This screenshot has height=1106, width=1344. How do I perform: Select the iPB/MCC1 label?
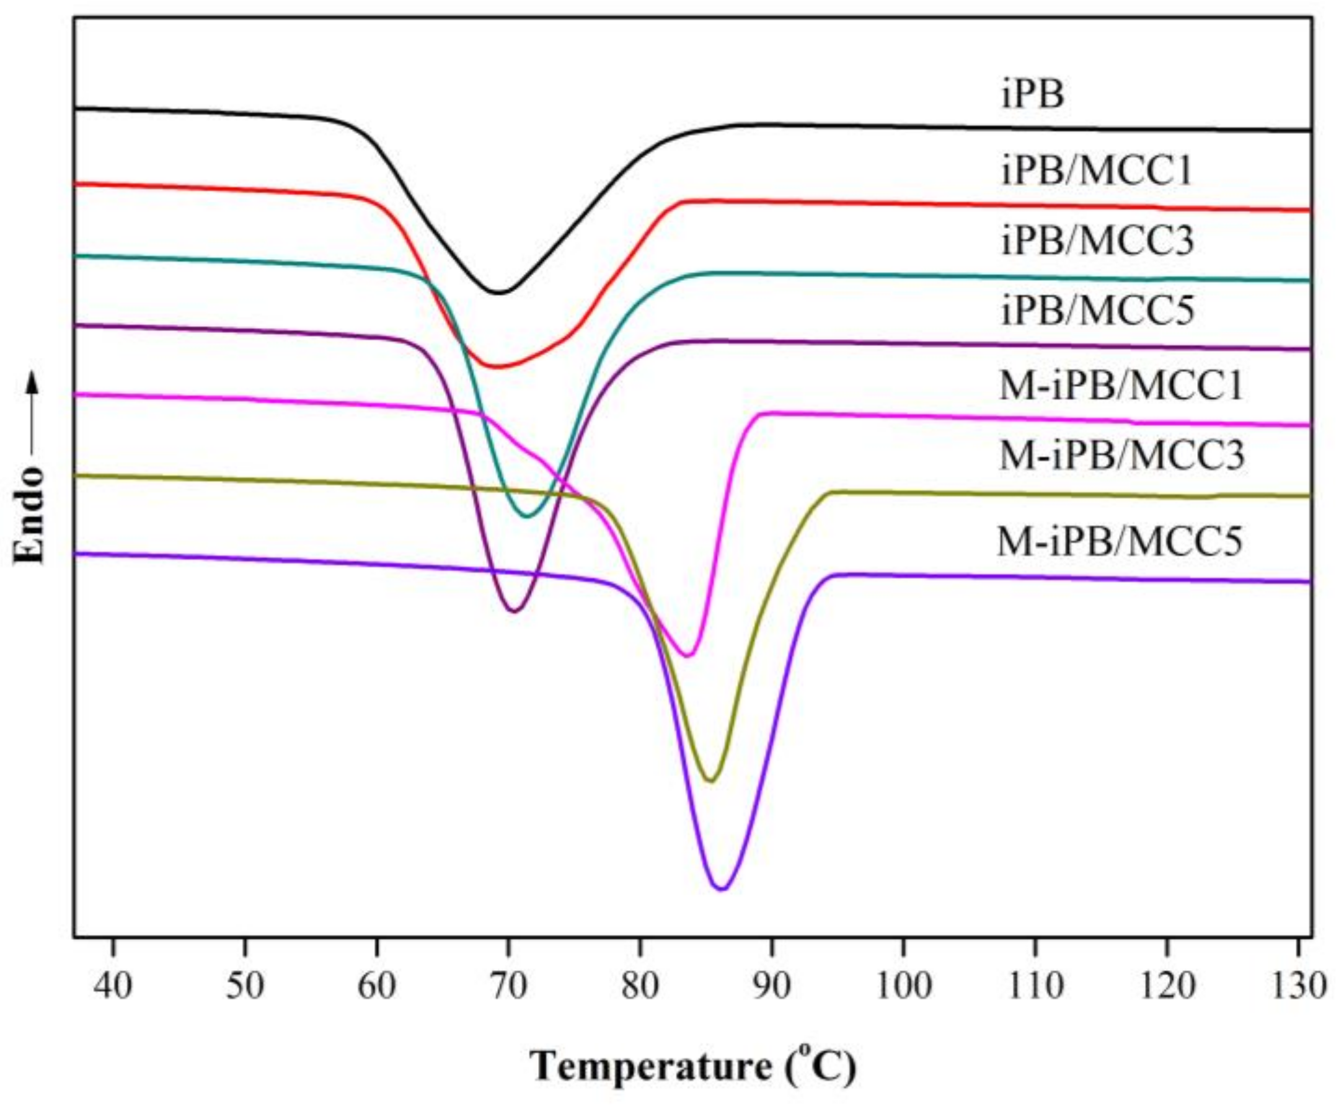coord(1096,171)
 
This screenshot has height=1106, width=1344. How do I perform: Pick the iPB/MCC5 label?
coord(1097,312)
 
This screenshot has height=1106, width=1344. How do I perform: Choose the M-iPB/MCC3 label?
coord(1121,456)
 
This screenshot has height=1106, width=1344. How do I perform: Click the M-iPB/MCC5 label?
coord(1119,542)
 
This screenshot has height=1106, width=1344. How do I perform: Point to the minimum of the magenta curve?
coord(688,655)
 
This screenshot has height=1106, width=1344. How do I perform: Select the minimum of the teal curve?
coord(527,516)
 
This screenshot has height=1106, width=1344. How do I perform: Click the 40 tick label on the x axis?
coord(113,987)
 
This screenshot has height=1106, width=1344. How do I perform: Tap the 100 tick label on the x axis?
coord(903,987)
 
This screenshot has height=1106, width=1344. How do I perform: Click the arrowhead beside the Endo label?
coord(32,383)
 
